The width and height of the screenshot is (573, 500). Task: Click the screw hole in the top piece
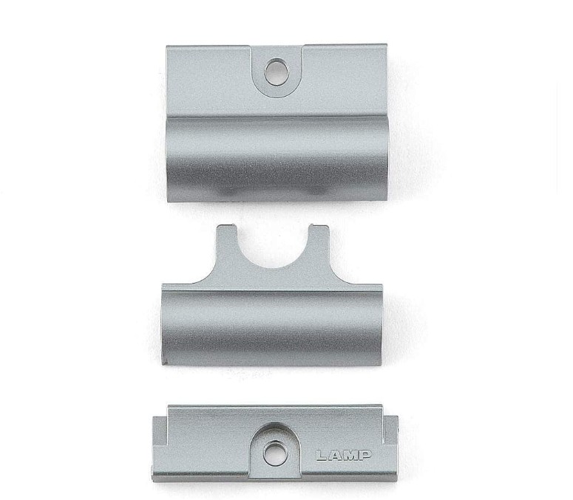tap(277, 73)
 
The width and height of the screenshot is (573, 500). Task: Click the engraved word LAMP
tap(343, 455)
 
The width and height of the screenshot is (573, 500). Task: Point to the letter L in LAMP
tap(320, 455)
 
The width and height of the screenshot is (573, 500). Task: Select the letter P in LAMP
tap(366, 455)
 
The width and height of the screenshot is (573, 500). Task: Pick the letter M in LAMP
tap(351, 455)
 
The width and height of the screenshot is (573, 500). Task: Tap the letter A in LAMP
tap(334, 455)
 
